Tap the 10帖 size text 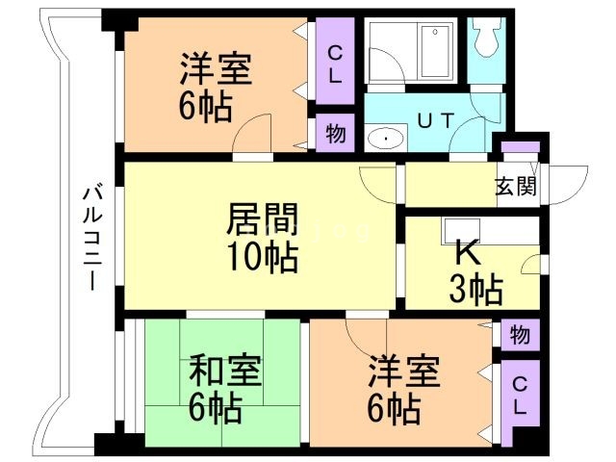point(261,257)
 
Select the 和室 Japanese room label point(223,371)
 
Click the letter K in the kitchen point(466,252)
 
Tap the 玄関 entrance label point(515,188)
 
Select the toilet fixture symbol point(485,38)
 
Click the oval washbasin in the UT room point(387,139)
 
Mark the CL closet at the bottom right point(519,396)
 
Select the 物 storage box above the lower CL point(520,336)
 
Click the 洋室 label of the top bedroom point(217,70)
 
